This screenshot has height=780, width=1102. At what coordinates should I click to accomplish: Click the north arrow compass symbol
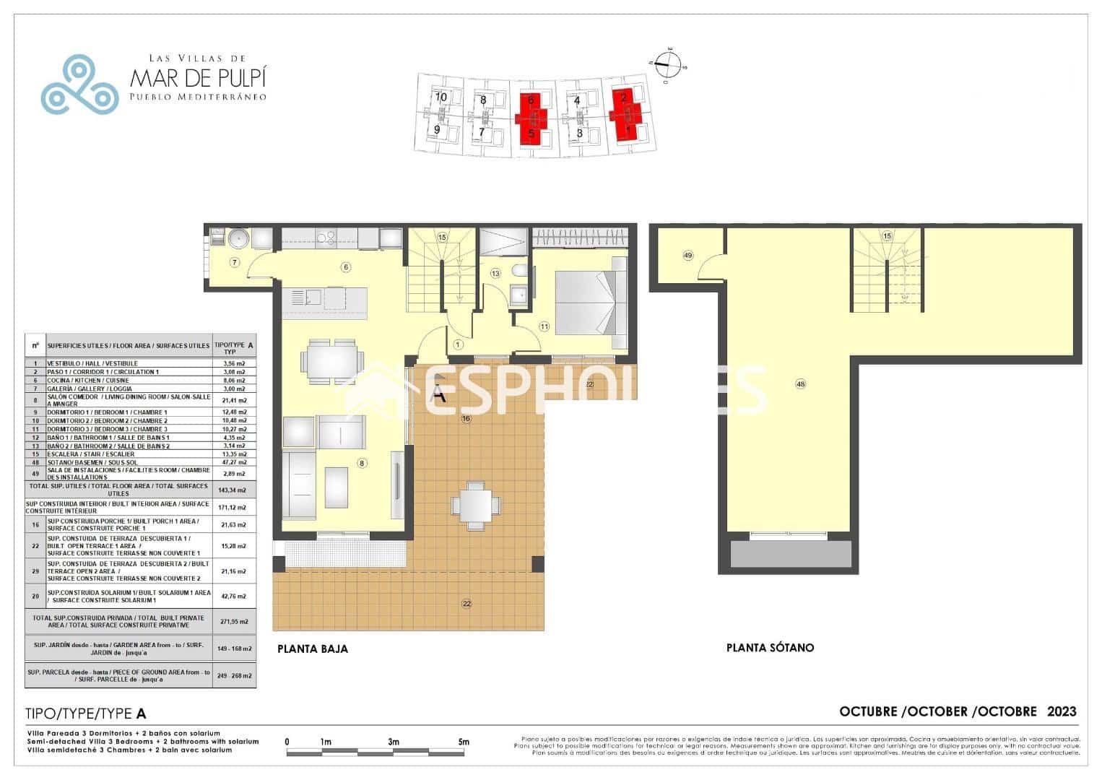pyautogui.click(x=670, y=63)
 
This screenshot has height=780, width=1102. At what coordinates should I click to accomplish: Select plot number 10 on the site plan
pyautogui.click(x=441, y=97)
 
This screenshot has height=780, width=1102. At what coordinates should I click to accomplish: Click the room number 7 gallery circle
pyautogui.click(x=235, y=262)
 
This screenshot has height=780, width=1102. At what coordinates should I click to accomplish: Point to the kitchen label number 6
pyautogui.click(x=346, y=267)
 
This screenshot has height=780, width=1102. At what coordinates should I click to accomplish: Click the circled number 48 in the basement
pyautogui.click(x=800, y=384)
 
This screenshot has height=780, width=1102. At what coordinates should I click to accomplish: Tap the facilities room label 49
pyautogui.click(x=687, y=256)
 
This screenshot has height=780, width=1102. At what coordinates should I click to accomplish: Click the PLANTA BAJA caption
pyautogui.click(x=312, y=649)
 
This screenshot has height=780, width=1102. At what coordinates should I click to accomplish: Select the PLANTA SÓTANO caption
pyautogui.click(x=770, y=648)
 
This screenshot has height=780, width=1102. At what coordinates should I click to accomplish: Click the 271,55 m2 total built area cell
pyautogui.click(x=233, y=621)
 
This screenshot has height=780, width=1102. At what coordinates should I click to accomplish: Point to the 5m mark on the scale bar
pyautogui.click(x=464, y=742)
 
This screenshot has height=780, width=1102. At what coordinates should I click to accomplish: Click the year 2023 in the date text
pyautogui.click(x=1062, y=711)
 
